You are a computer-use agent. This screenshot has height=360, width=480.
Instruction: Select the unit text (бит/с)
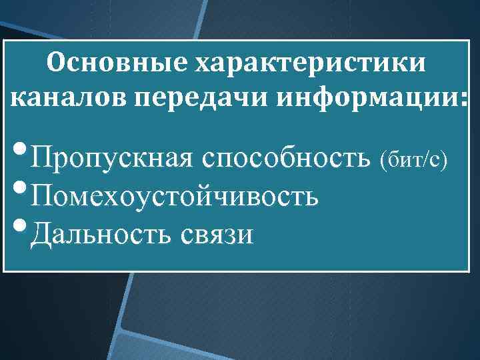coord(413,160)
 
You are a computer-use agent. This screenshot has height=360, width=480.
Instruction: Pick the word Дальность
coord(102,233)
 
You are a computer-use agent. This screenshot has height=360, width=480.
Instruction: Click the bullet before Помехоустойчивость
coord(21,189)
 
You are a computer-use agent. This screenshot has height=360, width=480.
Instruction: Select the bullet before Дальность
coord(21,226)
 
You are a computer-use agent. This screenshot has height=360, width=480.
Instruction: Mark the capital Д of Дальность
coord(42,233)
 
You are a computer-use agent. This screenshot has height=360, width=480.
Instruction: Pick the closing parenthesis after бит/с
coord(443,160)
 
